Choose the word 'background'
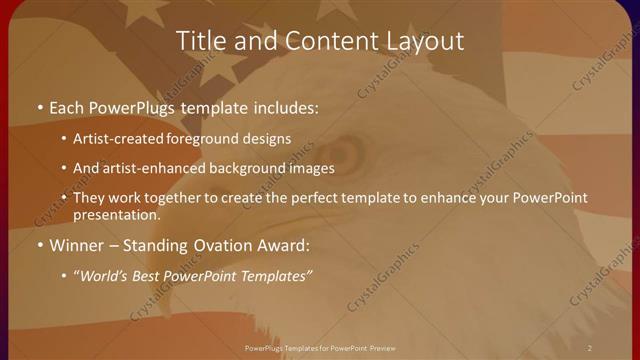pos(246,168)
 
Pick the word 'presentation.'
pos(116,214)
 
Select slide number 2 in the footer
pos(590,347)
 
